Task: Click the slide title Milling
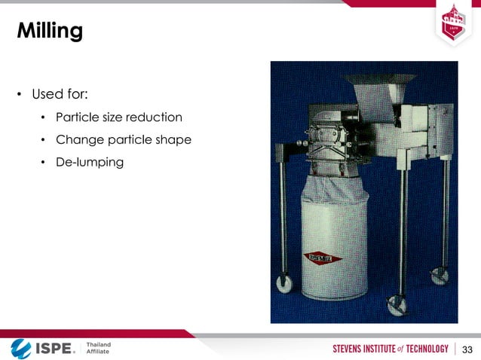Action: point(50,32)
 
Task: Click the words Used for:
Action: point(60,95)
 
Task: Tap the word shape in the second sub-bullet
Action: point(173,140)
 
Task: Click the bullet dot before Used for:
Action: point(20,96)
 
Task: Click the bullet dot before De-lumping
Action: point(44,163)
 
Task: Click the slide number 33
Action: point(467,349)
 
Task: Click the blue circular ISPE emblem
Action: point(21,349)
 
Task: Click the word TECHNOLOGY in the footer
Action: point(422,349)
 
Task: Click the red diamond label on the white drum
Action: point(322,258)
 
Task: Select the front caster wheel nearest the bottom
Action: point(395,306)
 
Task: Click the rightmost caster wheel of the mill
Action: point(440,276)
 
